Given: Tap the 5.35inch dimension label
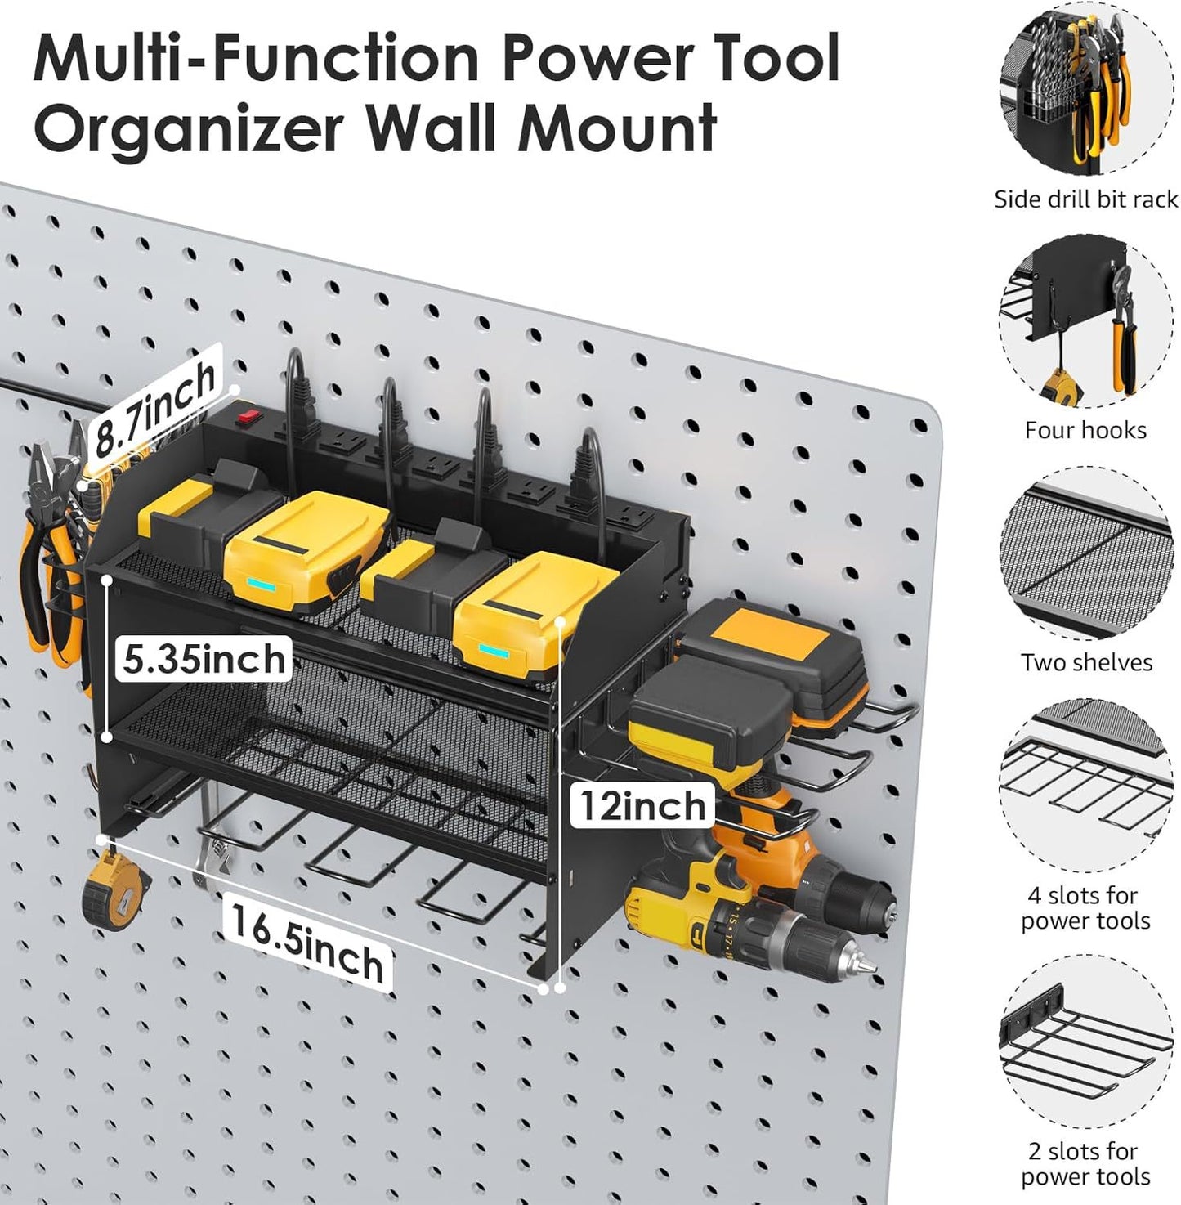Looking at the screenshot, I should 204,659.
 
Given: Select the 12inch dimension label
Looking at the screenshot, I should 642,805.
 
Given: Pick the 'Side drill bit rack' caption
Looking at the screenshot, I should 1085,199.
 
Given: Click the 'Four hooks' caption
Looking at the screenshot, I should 1085,430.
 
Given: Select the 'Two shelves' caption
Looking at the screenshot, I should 1085,662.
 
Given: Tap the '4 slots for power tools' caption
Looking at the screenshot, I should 1085,907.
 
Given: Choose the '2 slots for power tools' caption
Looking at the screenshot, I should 1085,1163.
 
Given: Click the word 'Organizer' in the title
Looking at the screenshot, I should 189,129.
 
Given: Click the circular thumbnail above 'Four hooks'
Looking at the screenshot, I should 1085,322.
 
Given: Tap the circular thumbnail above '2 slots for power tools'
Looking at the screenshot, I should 1085,1042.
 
